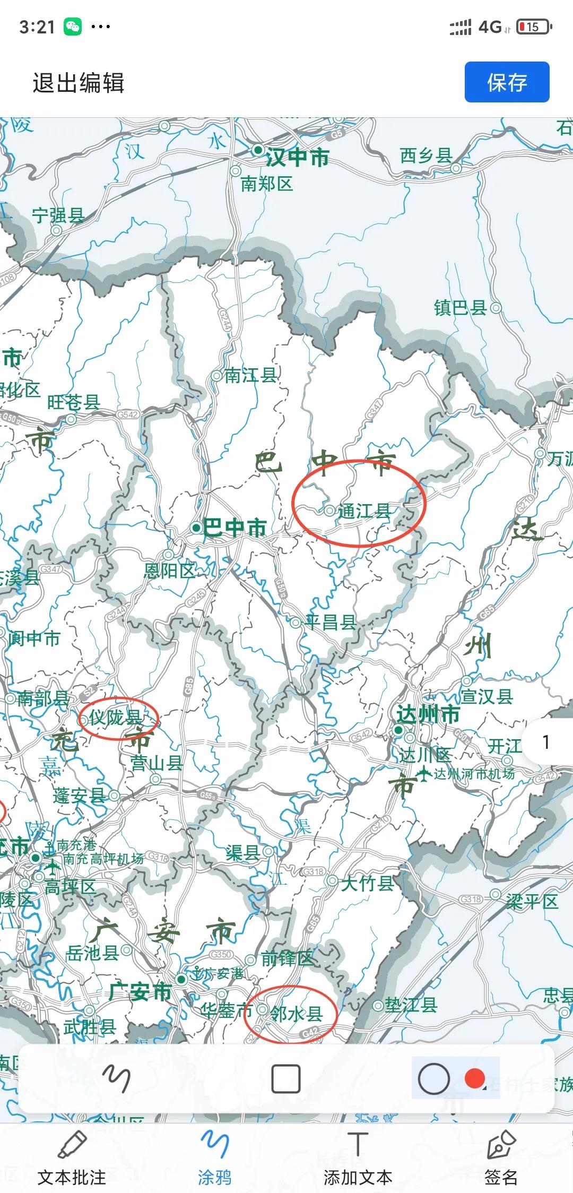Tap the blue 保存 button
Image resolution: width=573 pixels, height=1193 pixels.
pos(507,82)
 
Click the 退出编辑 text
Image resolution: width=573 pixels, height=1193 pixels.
pos(79,83)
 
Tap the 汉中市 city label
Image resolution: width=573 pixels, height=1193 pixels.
pos(297,157)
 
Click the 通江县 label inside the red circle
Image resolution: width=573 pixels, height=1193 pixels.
pos(364,511)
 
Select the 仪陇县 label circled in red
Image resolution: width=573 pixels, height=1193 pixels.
pos(115,717)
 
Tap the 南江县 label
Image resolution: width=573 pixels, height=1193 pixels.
pos(250,376)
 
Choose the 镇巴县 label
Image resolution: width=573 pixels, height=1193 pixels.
pos(460,307)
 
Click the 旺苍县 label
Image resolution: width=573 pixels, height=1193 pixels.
pos(73,402)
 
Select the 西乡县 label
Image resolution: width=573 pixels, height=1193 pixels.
pos(426,155)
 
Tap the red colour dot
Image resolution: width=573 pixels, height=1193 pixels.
pos(474,1078)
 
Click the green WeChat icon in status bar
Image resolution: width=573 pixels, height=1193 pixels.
pos(73,27)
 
